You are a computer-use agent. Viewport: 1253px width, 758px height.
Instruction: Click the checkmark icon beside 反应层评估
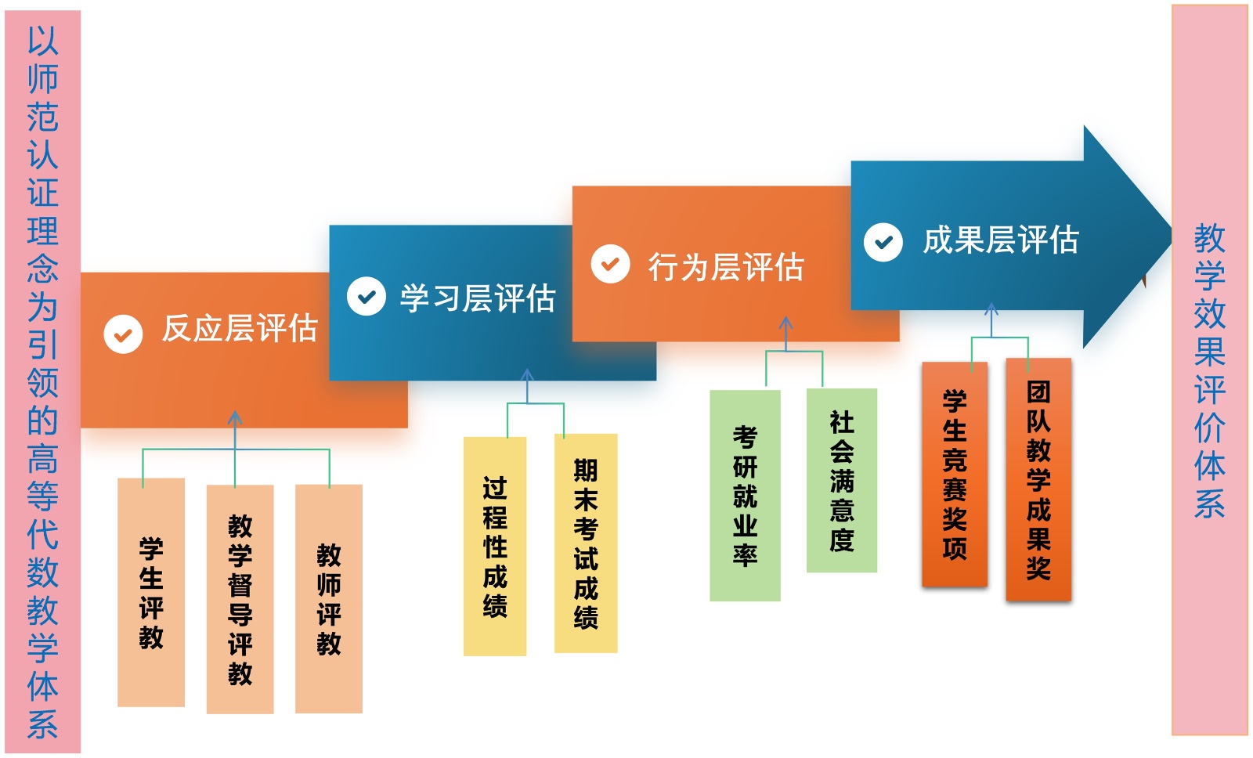click(x=123, y=334)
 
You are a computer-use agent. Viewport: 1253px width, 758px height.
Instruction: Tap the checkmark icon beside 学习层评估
click(x=367, y=297)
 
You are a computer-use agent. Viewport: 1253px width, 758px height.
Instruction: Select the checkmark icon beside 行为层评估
click(x=610, y=264)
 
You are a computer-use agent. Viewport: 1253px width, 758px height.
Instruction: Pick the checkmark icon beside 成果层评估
click(x=883, y=242)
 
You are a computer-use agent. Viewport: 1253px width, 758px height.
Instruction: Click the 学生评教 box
click(x=151, y=592)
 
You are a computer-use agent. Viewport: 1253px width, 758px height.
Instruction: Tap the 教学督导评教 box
click(x=240, y=599)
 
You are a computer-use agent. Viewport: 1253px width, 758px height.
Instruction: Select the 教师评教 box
click(x=329, y=599)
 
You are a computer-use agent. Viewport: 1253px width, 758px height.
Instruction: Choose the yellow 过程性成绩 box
click(x=495, y=546)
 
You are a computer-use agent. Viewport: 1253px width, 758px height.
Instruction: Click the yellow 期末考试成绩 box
click(x=586, y=543)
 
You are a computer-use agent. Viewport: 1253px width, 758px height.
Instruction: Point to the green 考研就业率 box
click(x=745, y=496)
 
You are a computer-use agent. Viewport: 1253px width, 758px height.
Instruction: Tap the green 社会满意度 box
click(x=842, y=481)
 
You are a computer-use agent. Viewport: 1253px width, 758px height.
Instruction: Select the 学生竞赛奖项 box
click(x=955, y=475)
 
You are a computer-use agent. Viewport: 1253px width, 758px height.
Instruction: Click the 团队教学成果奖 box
click(x=1038, y=479)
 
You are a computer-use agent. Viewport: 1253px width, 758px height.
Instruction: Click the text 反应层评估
click(x=240, y=329)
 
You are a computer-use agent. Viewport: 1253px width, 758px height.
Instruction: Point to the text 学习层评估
click(x=478, y=298)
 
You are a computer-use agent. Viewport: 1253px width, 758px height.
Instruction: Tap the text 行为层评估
click(x=725, y=267)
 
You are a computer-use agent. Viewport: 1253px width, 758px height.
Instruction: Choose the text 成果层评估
click(x=1001, y=240)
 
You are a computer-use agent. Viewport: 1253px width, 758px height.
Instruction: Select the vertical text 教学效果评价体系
click(x=1209, y=371)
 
